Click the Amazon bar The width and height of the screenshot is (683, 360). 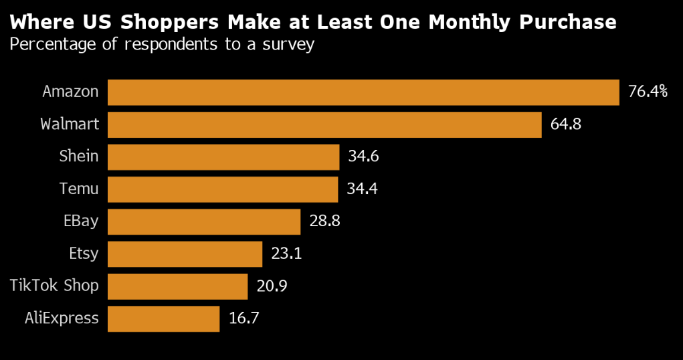tap(363, 92)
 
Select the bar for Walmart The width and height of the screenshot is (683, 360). tap(324, 124)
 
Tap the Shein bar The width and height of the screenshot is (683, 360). tap(223, 157)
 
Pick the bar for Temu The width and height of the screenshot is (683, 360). tap(223, 189)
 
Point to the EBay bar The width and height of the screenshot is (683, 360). tap(204, 221)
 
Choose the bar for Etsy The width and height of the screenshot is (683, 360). tap(185, 254)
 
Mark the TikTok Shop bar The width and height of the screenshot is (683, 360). tap(177, 286)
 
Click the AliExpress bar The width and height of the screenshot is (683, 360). tap(163, 319)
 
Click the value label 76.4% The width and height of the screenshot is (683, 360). tap(648, 92)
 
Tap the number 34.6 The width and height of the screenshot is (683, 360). tap(364, 157)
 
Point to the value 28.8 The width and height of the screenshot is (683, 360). tap(325, 221)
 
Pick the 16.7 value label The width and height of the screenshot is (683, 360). tap(244, 319)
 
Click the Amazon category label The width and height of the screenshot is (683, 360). tap(70, 92)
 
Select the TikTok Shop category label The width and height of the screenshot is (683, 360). tap(54, 286)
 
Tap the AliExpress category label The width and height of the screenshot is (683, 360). tap(61, 319)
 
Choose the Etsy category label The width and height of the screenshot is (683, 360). tap(83, 254)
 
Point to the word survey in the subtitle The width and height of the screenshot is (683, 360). tap(289, 46)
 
